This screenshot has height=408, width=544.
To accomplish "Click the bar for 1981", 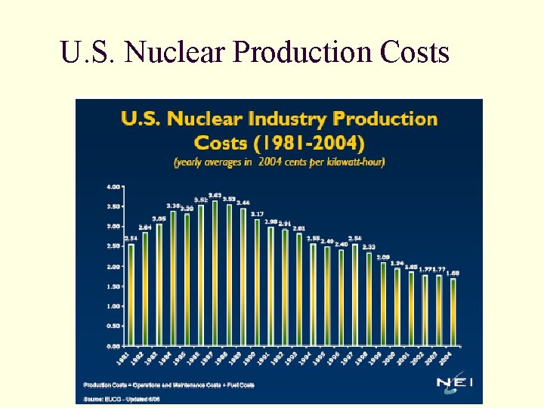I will tap(131, 295).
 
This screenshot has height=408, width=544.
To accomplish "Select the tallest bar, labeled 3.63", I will tap(215, 273).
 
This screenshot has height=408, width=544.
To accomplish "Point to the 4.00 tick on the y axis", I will tap(113, 186).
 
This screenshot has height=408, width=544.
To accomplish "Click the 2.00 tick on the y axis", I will tap(113, 266).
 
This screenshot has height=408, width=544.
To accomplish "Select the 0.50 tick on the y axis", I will tap(113, 326).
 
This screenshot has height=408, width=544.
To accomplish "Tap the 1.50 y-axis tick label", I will tap(113, 286).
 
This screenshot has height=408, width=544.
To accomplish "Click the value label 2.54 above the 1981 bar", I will tap(131, 239).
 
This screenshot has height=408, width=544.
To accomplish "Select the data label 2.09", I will tap(383, 257).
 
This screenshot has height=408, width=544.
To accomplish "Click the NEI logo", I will tap(455, 383).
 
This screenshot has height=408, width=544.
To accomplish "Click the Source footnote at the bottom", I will tap(122, 397).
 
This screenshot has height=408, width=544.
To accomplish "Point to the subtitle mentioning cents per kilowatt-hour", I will tap(279, 162).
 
